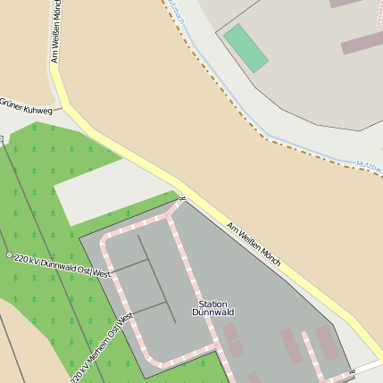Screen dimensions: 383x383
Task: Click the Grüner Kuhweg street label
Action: (x=28, y=105)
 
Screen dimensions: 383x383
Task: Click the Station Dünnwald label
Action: (x=212, y=308)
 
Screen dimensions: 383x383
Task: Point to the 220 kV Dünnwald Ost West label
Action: (x=62, y=263)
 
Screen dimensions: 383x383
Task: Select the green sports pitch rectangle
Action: (x=246, y=47)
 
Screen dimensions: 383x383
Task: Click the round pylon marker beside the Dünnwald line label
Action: (x=10, y=255)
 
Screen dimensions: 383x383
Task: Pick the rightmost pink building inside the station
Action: (x=327, y=343)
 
